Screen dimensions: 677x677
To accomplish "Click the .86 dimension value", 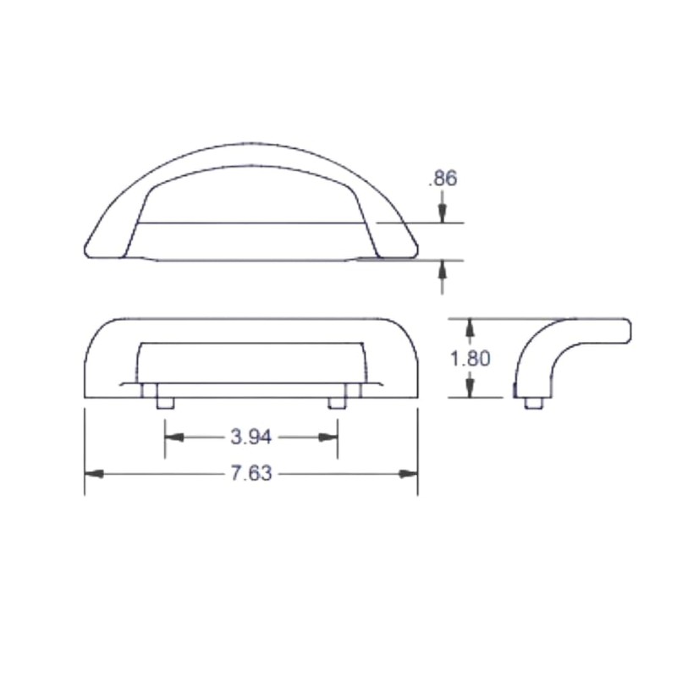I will click(x=443, y=179).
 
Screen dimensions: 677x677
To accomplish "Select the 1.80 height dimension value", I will click(x=471, y=358).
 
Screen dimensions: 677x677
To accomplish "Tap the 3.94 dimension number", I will click(x=250, y=437).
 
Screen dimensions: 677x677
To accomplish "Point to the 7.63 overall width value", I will click(x=250, y=473).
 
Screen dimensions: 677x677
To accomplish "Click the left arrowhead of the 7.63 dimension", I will click(x=92, y=473).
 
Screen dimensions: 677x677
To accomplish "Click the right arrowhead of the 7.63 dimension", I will click(x=410, y=473).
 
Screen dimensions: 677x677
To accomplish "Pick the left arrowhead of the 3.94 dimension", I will click(x=173, y=437).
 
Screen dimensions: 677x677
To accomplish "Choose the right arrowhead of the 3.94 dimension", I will click(x=329, y=437).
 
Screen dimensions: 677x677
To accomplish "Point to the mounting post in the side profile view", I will click(x=533, y=402).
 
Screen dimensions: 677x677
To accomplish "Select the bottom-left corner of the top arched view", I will click(x=87, y=252).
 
